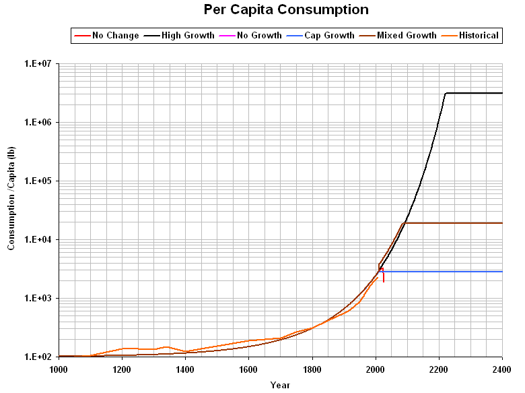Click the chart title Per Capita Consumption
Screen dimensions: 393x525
pyautogui.click(x=286, y=9)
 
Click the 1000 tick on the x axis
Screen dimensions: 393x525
pyautogui.click(x=59, y=369)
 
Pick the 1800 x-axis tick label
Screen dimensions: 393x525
pyautogui.click(x=312, y=369)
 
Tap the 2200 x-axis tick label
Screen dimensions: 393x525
pyautogui.click(x=439, y=369)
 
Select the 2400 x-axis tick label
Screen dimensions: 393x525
pyautogui.click(x=501, y=369)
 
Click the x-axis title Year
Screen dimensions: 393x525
pyautogui.click(x=280, y=385)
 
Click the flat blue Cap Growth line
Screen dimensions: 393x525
pyautogui.click(x=444, y=272)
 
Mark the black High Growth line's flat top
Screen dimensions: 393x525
pyautogui.click(x=475, y=93)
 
